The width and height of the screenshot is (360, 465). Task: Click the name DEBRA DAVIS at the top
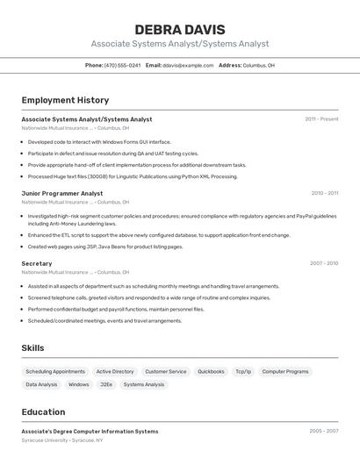click(180, 29)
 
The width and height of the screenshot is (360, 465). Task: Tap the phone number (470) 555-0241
click(122, 65)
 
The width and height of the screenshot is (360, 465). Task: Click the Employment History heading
click(65, 100)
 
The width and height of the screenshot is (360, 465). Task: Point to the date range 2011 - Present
click(321, 118)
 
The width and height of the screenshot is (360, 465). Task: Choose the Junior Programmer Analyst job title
click(61, 193)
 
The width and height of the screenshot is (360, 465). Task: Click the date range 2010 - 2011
click(324, 193)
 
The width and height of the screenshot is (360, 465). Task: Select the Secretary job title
click(37, 263)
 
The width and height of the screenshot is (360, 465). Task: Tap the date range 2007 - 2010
click(324, 263)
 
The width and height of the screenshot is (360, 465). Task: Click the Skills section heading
click(33, 348)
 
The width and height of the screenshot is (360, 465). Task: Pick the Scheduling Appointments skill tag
click(55, 371)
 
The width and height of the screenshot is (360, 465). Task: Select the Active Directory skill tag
click(115, 371)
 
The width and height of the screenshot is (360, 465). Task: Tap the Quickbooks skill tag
click(211, 371)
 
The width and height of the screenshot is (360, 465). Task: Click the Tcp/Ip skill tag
click(243, 371)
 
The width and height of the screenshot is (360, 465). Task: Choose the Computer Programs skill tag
click(285, 371)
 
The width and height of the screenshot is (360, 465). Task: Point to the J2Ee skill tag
click(106, 384)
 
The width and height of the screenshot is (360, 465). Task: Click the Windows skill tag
click(79, 384)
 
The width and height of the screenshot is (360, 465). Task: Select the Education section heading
click(43, 412)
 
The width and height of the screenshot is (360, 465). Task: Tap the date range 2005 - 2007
click(324, 431)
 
